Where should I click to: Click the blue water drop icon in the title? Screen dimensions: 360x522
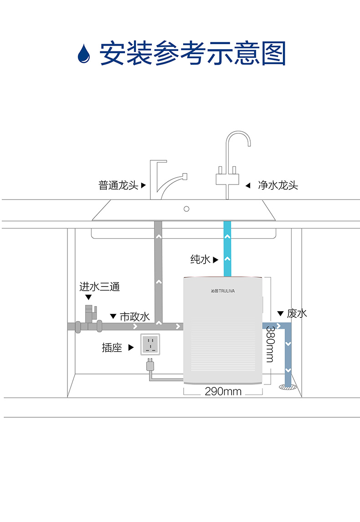pyautogui.click(x=83, y=54)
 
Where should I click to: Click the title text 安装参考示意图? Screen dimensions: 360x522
pyautogui.click(x=193, y=53)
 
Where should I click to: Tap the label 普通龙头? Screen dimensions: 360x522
pyautogui.click(x=118, y=185)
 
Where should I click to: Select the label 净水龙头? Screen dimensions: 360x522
pyautogui.click(x=278, y=185)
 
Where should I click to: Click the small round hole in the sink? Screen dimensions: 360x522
pyautogui.click(x=186, y=209)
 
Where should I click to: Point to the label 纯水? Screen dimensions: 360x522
pyautogui.click(x=200, y=259)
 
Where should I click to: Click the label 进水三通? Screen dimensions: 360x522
pyautogui.click(x=100, y=287)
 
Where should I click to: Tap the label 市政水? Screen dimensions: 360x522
pyautogui.click(x=135, y=317)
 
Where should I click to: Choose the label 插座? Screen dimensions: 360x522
pyautogui.click(x=112, y=348)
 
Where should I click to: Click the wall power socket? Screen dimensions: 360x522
pyautogui.click(x=150, y=344)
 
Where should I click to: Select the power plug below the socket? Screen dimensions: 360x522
pyautogui.click(x=150, y=364)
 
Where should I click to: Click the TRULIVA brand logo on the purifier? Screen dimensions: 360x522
pyautogui.click(x=223, y=291)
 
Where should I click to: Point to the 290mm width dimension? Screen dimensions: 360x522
pyautogui.click(x=223, y=391)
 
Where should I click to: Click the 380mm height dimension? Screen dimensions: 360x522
pyautogui.click(x=270, y=344)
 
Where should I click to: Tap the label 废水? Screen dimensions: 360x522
pyautogui.click(x=297, y=313)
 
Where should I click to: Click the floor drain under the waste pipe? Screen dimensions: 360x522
pyautogui.click(x=288, y=387)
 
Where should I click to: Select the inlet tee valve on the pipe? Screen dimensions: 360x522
pyautogui.click(x=91, y=314)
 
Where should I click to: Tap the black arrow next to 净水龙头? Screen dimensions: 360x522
pyautogui.click(x=248, y=185)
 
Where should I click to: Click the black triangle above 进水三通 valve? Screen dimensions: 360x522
pyautogui.click(x=88, y=297)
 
